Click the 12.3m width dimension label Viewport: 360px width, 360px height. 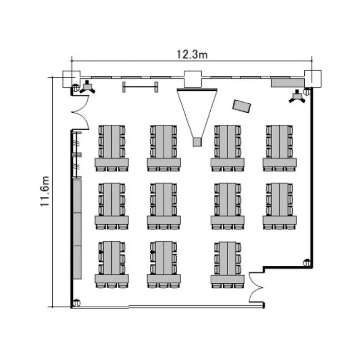click(x=192, y=55)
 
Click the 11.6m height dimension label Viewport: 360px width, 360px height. click(x=45, y=191)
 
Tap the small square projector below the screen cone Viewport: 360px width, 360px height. click(x=197, y=142)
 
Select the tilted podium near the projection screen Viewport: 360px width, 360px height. click(x=241, y=106)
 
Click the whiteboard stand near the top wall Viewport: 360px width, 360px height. click(x=140, y=87)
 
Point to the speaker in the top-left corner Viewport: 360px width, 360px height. click(x=87, y=87)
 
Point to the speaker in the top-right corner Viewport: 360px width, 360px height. click(x=297, y=96)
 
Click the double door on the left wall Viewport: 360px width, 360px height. click(x=80, y=112)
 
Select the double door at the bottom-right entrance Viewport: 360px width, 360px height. click(x=256, y=288)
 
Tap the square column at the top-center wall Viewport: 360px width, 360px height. click(x=193, y=79)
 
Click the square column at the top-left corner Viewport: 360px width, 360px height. click(x=72, y=79)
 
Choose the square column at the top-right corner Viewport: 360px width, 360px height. click(x=312, y=79)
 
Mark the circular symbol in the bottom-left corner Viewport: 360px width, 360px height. click(x=76, y=303)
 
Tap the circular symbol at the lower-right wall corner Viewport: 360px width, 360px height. click(x=307, y=263)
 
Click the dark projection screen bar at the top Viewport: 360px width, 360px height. click(x=197, y=89)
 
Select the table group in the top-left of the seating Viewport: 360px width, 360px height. click(x=112, y=148)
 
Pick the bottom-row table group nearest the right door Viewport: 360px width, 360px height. click(x=228, y=264)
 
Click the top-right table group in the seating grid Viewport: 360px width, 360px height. click(x=279, y=148)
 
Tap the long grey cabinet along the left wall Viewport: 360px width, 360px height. click(x=77, y=229)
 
